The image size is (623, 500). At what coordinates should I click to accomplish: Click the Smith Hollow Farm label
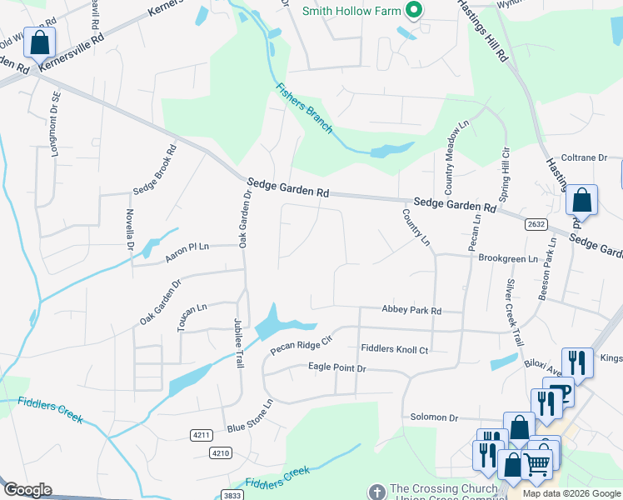pyautogui.click(x=350, y=11)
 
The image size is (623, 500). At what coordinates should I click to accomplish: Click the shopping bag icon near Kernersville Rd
pyautogui.click(x=38, y=42)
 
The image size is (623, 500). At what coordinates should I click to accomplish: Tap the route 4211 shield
pyautogui.click(x=201, y=435)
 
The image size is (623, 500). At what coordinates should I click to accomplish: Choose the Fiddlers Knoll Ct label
pyautogui.click(x=394, y=349)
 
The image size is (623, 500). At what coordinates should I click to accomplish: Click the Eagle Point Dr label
pyautogui.click(x=336, y=367)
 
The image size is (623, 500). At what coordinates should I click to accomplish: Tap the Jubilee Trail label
pyautogui.click(x=239, y=347)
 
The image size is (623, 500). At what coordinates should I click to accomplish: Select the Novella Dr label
pyautogui.click(x=130, y=230)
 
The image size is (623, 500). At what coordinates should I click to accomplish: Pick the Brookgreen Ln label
pyautogui.click(x=508, y=259)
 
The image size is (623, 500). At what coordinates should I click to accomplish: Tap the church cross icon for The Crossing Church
pyautogui.click(x=377, y=492)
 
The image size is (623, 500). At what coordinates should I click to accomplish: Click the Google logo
pyautogui.click(x=27, y=490)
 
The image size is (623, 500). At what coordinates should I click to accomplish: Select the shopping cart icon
pyautogui.click(x=538, y=462)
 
